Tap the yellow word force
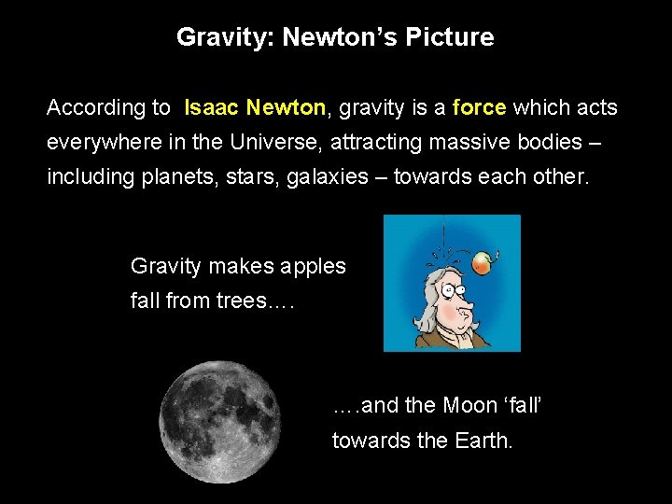479,108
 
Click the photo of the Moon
220,421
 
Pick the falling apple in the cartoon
482,263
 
